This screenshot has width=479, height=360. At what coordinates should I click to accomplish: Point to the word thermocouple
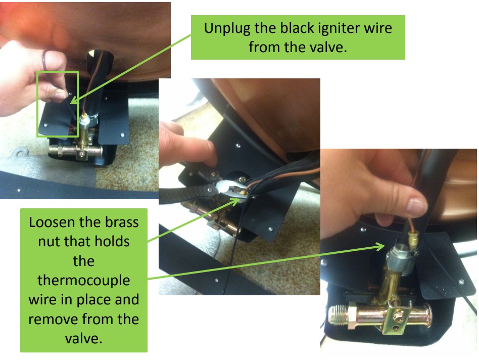tap(83, 280)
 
